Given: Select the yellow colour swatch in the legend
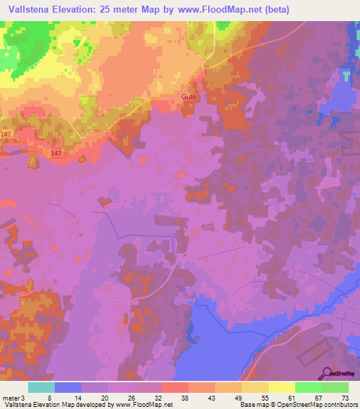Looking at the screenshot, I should point(281,387).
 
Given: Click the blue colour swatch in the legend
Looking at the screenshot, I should point(68,387).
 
